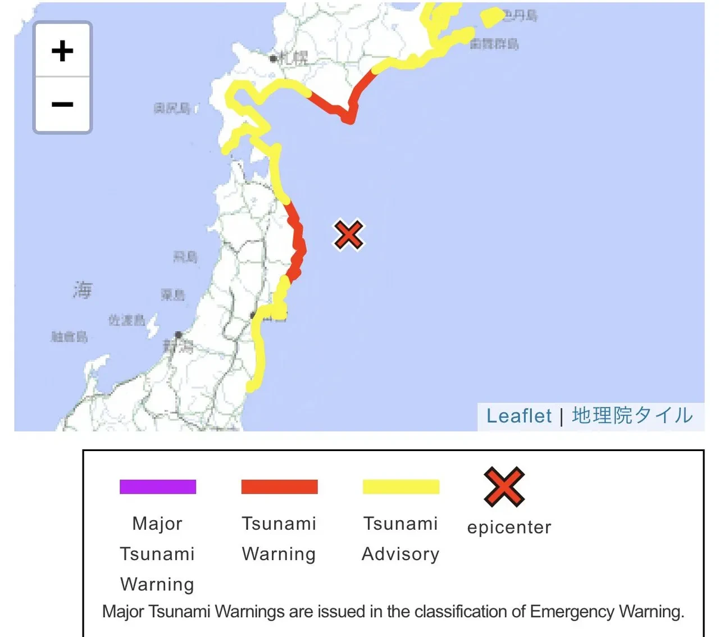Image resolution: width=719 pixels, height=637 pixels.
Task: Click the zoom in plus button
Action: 62,51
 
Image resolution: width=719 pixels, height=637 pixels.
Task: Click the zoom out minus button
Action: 62,104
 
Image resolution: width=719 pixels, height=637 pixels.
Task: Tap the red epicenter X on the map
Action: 348,235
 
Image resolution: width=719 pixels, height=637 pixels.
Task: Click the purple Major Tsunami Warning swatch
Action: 158,486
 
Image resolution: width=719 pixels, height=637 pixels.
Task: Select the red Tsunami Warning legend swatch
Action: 279,486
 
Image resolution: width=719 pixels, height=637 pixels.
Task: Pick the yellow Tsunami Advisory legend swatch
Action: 401,486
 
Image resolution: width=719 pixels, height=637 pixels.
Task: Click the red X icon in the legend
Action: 504,486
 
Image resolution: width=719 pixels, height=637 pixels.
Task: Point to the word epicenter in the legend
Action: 509,527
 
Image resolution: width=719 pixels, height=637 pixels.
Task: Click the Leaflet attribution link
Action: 519,416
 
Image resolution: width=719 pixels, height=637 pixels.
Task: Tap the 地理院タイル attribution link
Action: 632,416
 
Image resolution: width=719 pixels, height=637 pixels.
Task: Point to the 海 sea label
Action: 82,290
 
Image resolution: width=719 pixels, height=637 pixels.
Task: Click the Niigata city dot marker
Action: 178,335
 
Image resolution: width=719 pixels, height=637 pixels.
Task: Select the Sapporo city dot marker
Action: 273,58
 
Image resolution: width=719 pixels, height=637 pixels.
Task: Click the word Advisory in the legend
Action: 401,554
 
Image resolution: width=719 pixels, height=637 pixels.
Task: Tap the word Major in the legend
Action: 157,524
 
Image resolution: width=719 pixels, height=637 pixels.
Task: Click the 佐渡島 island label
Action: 127,320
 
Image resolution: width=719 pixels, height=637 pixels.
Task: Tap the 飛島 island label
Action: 185,257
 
